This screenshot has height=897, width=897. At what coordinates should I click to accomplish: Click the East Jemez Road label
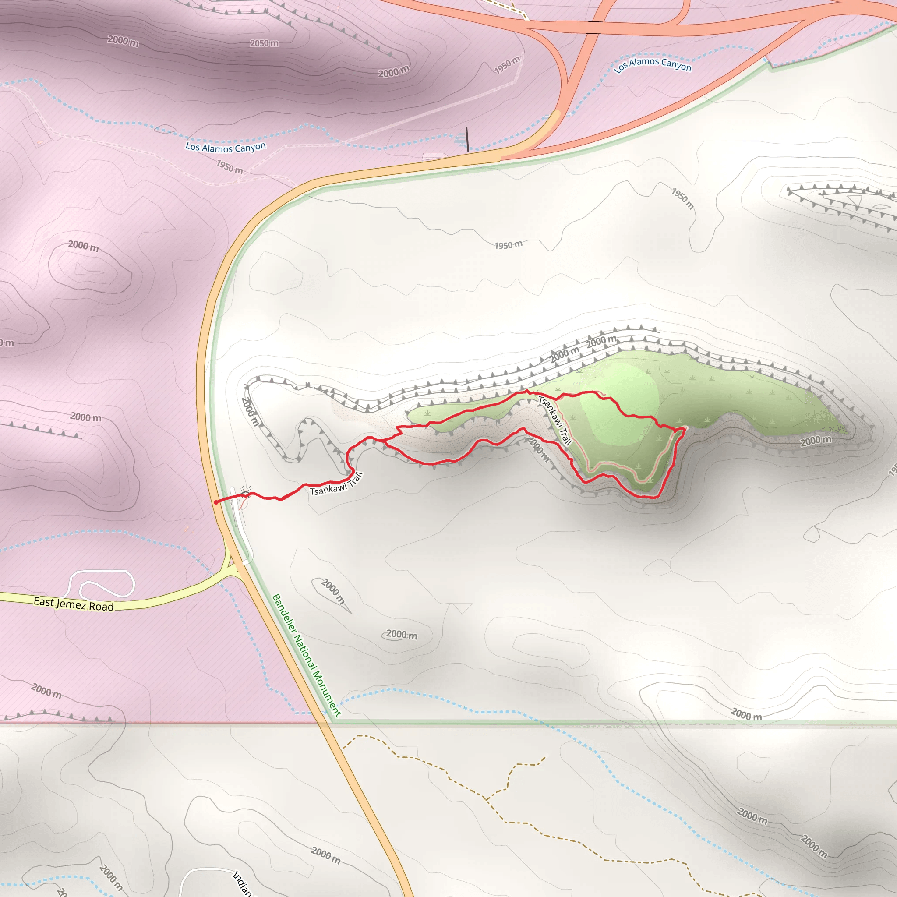coord(73,604)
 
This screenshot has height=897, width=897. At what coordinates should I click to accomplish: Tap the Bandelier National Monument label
coord(306,655)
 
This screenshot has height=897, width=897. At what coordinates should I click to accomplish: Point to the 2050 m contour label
coord(264,43)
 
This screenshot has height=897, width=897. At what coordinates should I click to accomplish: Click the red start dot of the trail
coord(216,502)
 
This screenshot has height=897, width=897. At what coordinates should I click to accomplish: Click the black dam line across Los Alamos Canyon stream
coord(467,139)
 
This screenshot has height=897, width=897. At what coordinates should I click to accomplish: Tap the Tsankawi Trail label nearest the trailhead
coord(335,484)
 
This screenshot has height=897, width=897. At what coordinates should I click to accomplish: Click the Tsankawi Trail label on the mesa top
coord(554,420)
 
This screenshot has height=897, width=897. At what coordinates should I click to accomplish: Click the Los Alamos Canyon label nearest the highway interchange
coord(652,65)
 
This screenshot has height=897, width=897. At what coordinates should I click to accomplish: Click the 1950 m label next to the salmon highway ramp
coord(507,64)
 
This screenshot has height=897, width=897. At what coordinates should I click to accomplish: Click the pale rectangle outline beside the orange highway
coord(434,156)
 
